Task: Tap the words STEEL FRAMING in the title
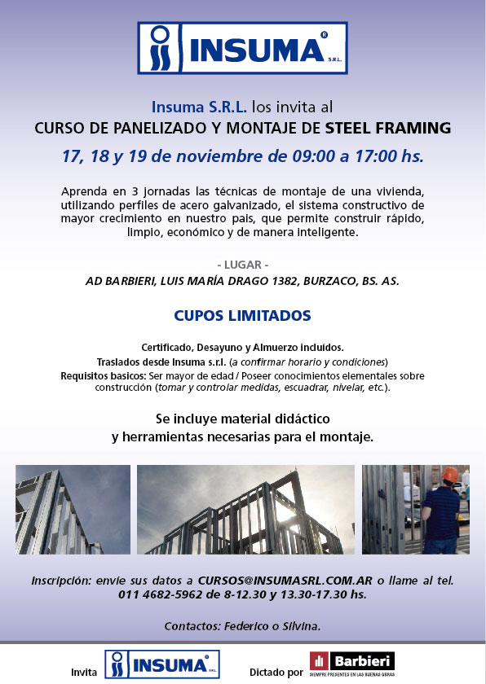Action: click(x=387, y=128)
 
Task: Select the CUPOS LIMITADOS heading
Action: click(x=242, y=315)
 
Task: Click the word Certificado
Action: click(x=166, y=347)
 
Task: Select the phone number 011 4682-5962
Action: click(x=157, y=595)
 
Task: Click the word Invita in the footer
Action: click(x=84, y=673)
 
